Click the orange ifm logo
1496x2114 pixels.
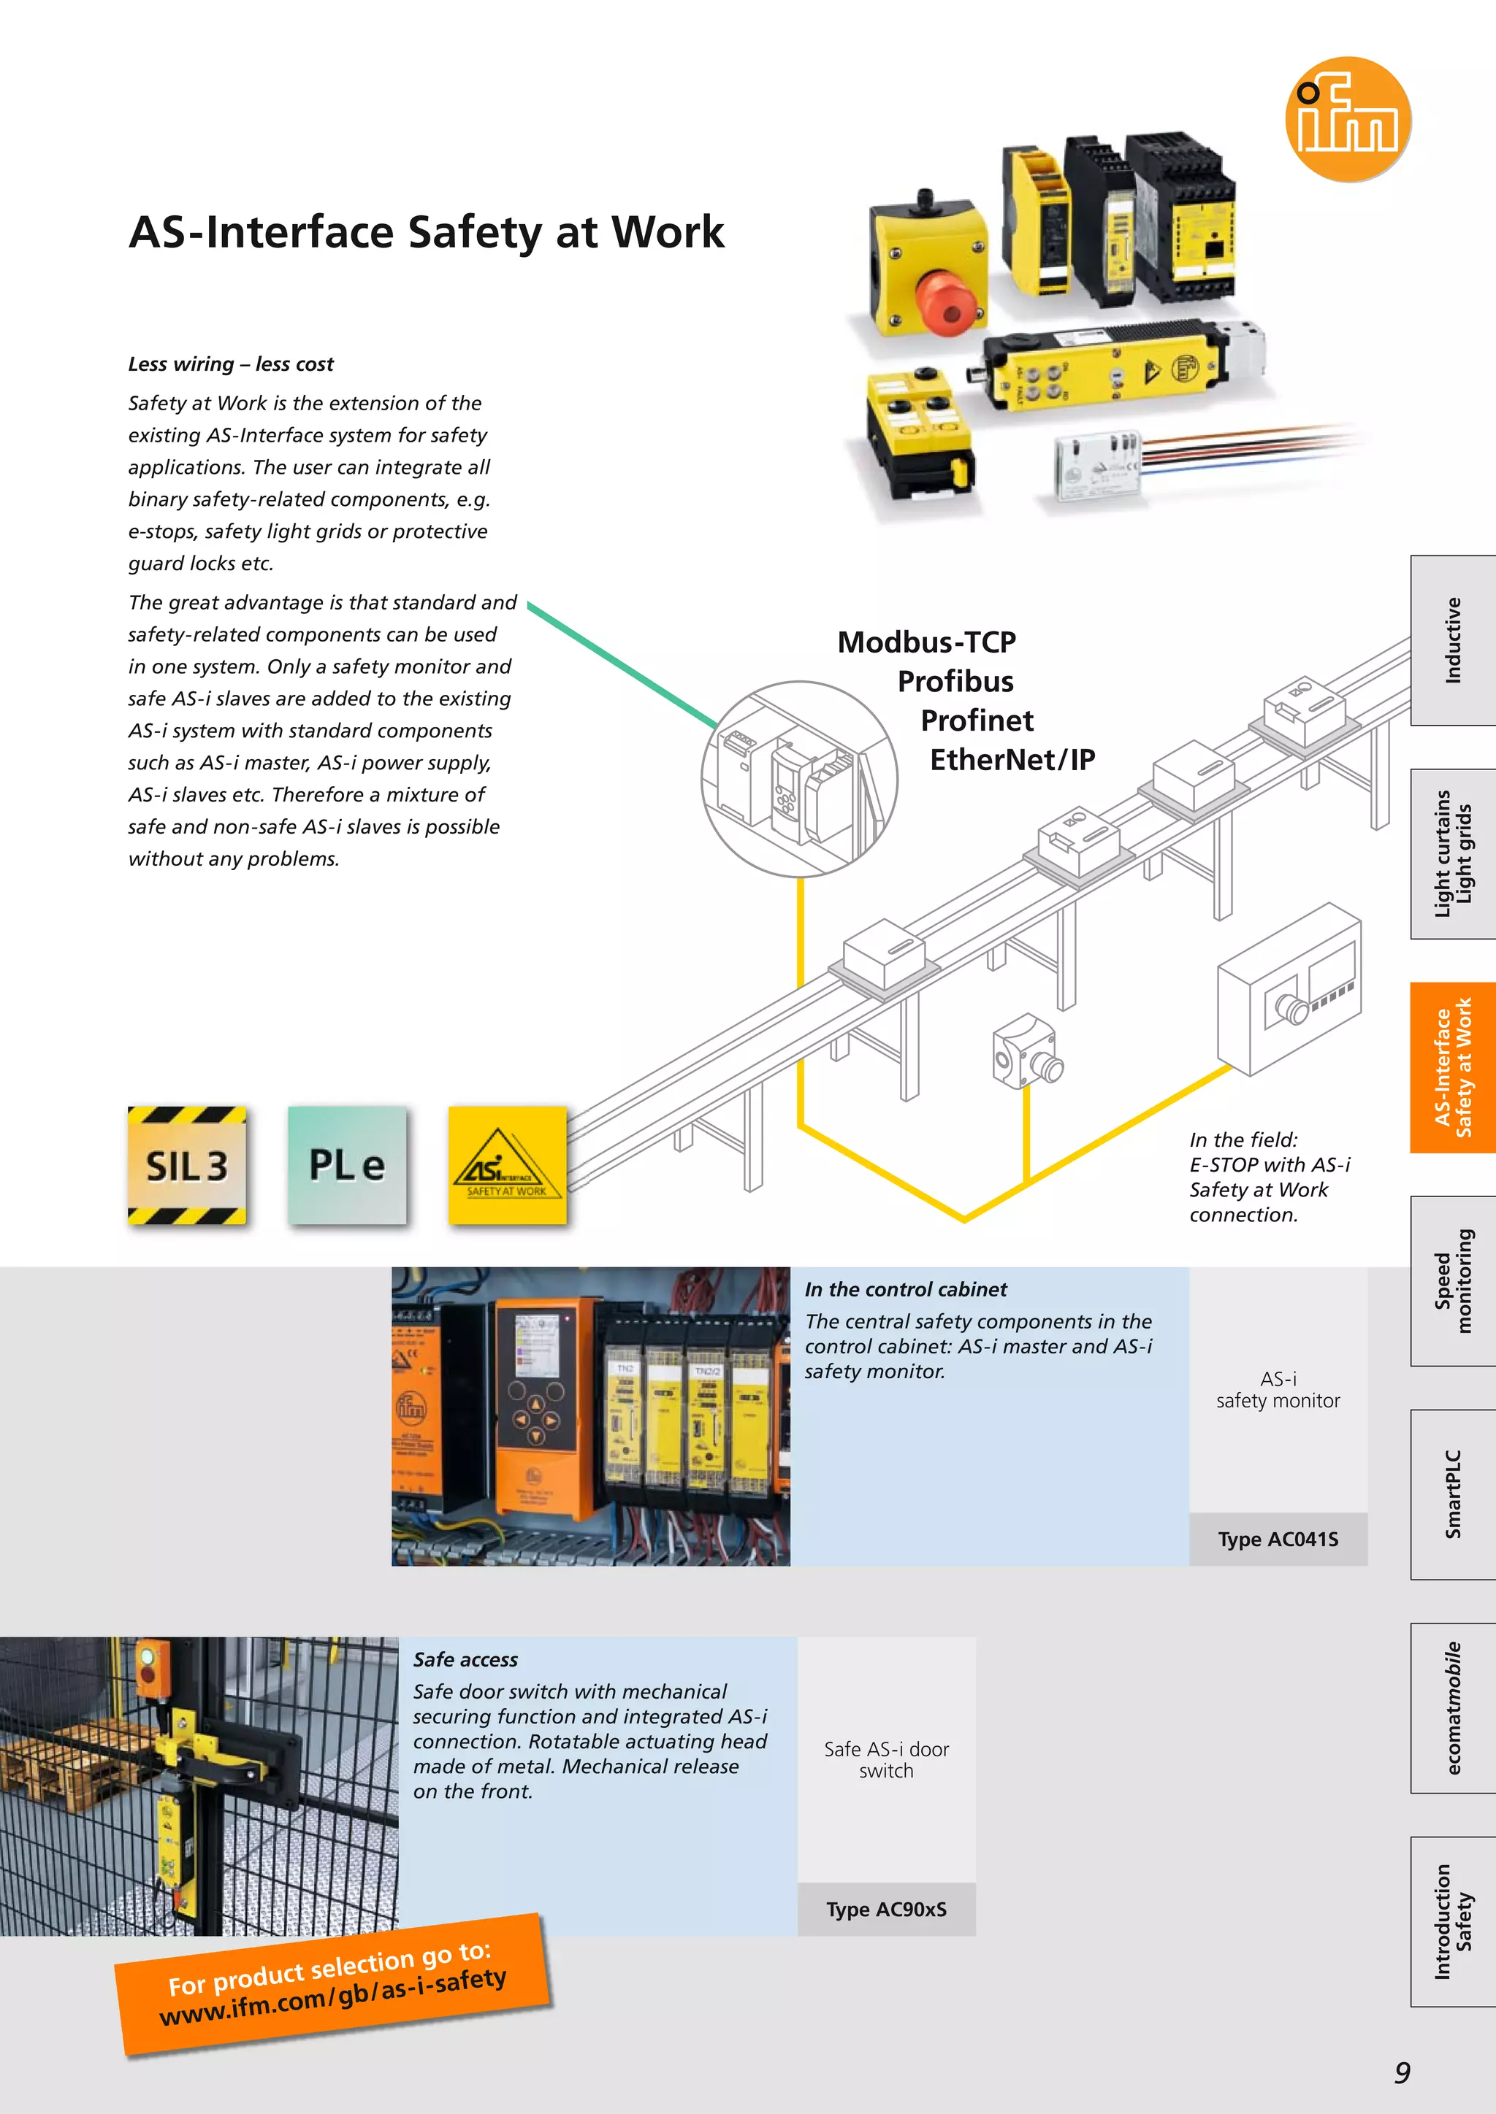pyautogui.click(x=1348, y=119)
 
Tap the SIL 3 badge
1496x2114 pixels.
pyautogui.click(x=187, y=1166)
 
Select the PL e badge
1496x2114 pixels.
pyautogui.click(x=347, y=1166)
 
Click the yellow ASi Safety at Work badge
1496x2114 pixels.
pyautogui.click(x=507, y=1166)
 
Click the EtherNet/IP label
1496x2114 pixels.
pyautogui.click(x=1012, y=760)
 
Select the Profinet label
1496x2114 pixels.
pyautogui.click(x=977, y=720)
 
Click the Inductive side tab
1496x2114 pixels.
pyautogui.click(x=1453, y=640)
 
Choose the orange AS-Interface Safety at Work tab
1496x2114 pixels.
pyautogui.click(x=1453, y=1067)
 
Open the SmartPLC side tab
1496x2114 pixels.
pyautogui.click(x=1453, y=1494)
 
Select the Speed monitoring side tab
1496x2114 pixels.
pyautogui.click(x=1453, y=1281)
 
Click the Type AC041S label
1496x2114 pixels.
pyautogui.click(x=1278, y=1540)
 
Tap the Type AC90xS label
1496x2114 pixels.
pyautogui.click(x=885, y=1910)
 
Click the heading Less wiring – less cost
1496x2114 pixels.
pyautogui.click(x=230, y=364)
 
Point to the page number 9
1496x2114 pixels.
pyautogui.click(x=1401, y=2072)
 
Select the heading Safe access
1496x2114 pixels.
pyautogui.click(x=465, y=1660)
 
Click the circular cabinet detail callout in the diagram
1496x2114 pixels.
pyautogui.click(x=798, y=779)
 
